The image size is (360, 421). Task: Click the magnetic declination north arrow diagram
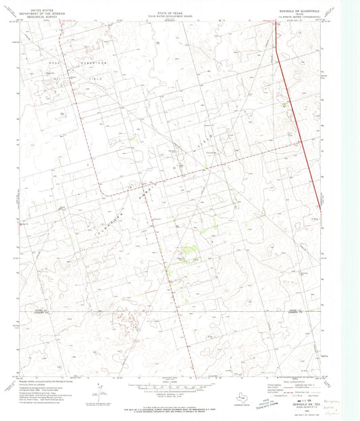(x=99, y=389)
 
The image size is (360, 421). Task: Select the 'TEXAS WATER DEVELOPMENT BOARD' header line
(x=174, y=16)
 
